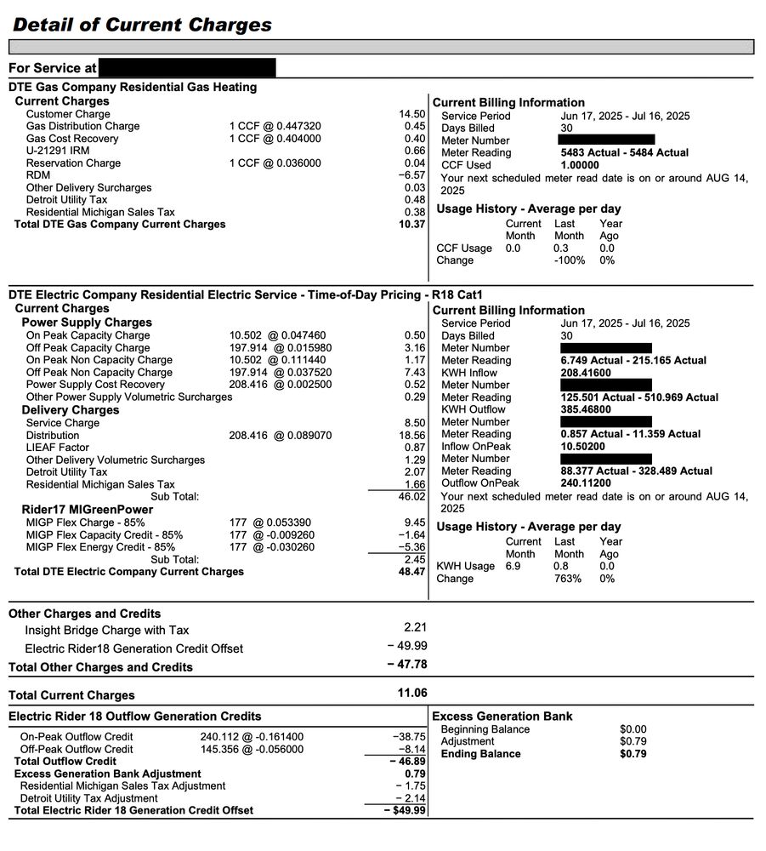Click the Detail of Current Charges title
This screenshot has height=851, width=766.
pyautogui.click(x=142, y=24)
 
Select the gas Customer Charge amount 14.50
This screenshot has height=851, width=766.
pyautogui.click(x=412, y=114)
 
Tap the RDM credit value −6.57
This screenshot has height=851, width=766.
pyautogui.click(x=412, y=175)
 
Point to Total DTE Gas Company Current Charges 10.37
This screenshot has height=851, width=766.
pyautogui.click(x=412, y=225)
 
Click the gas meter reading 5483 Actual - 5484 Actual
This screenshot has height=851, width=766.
pyautogui.click(x=625, y=153)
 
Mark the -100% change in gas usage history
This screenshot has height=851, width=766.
pyautogui.click(x=570, y=260)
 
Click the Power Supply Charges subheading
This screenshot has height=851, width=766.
pyautogui.click(x=87, y=323)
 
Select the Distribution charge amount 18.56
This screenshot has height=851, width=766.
pyautogui.click(x=412, y=435)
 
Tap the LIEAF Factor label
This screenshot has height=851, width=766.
pyautogui.click(x=58, y=448)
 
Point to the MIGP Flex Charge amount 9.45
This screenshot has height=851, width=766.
pyautogui.click(x=414, y=523)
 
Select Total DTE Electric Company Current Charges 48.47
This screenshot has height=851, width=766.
pyautogui.click(x=411, y=572)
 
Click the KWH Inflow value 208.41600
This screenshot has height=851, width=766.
pyautogui.click(x=586, y=373)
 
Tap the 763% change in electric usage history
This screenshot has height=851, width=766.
pyautogui.click(x=568, y=579)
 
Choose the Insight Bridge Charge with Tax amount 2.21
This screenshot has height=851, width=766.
pyautogui.click(x=413, y=627)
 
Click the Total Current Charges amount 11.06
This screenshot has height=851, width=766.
pyautogui.click(x=412, y=693)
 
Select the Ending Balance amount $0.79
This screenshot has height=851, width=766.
pyautogui.click(x=633, y=754)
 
